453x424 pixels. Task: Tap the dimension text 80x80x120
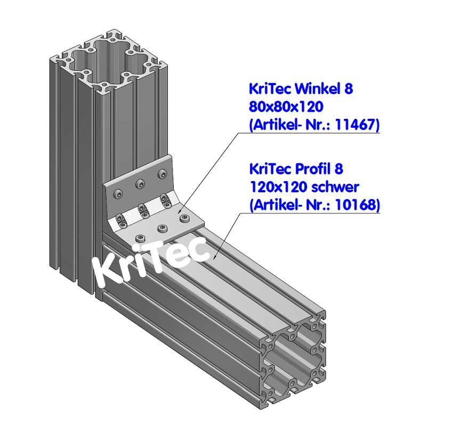point(286,107)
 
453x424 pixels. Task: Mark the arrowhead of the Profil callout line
point(214,257)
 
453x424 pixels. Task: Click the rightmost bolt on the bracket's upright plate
point(162,174)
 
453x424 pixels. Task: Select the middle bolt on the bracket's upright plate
point(140,184)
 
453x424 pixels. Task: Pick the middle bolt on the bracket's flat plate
point(162,229)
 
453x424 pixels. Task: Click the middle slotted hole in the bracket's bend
point(143,209)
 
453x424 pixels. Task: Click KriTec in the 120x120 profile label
point(271,169)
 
